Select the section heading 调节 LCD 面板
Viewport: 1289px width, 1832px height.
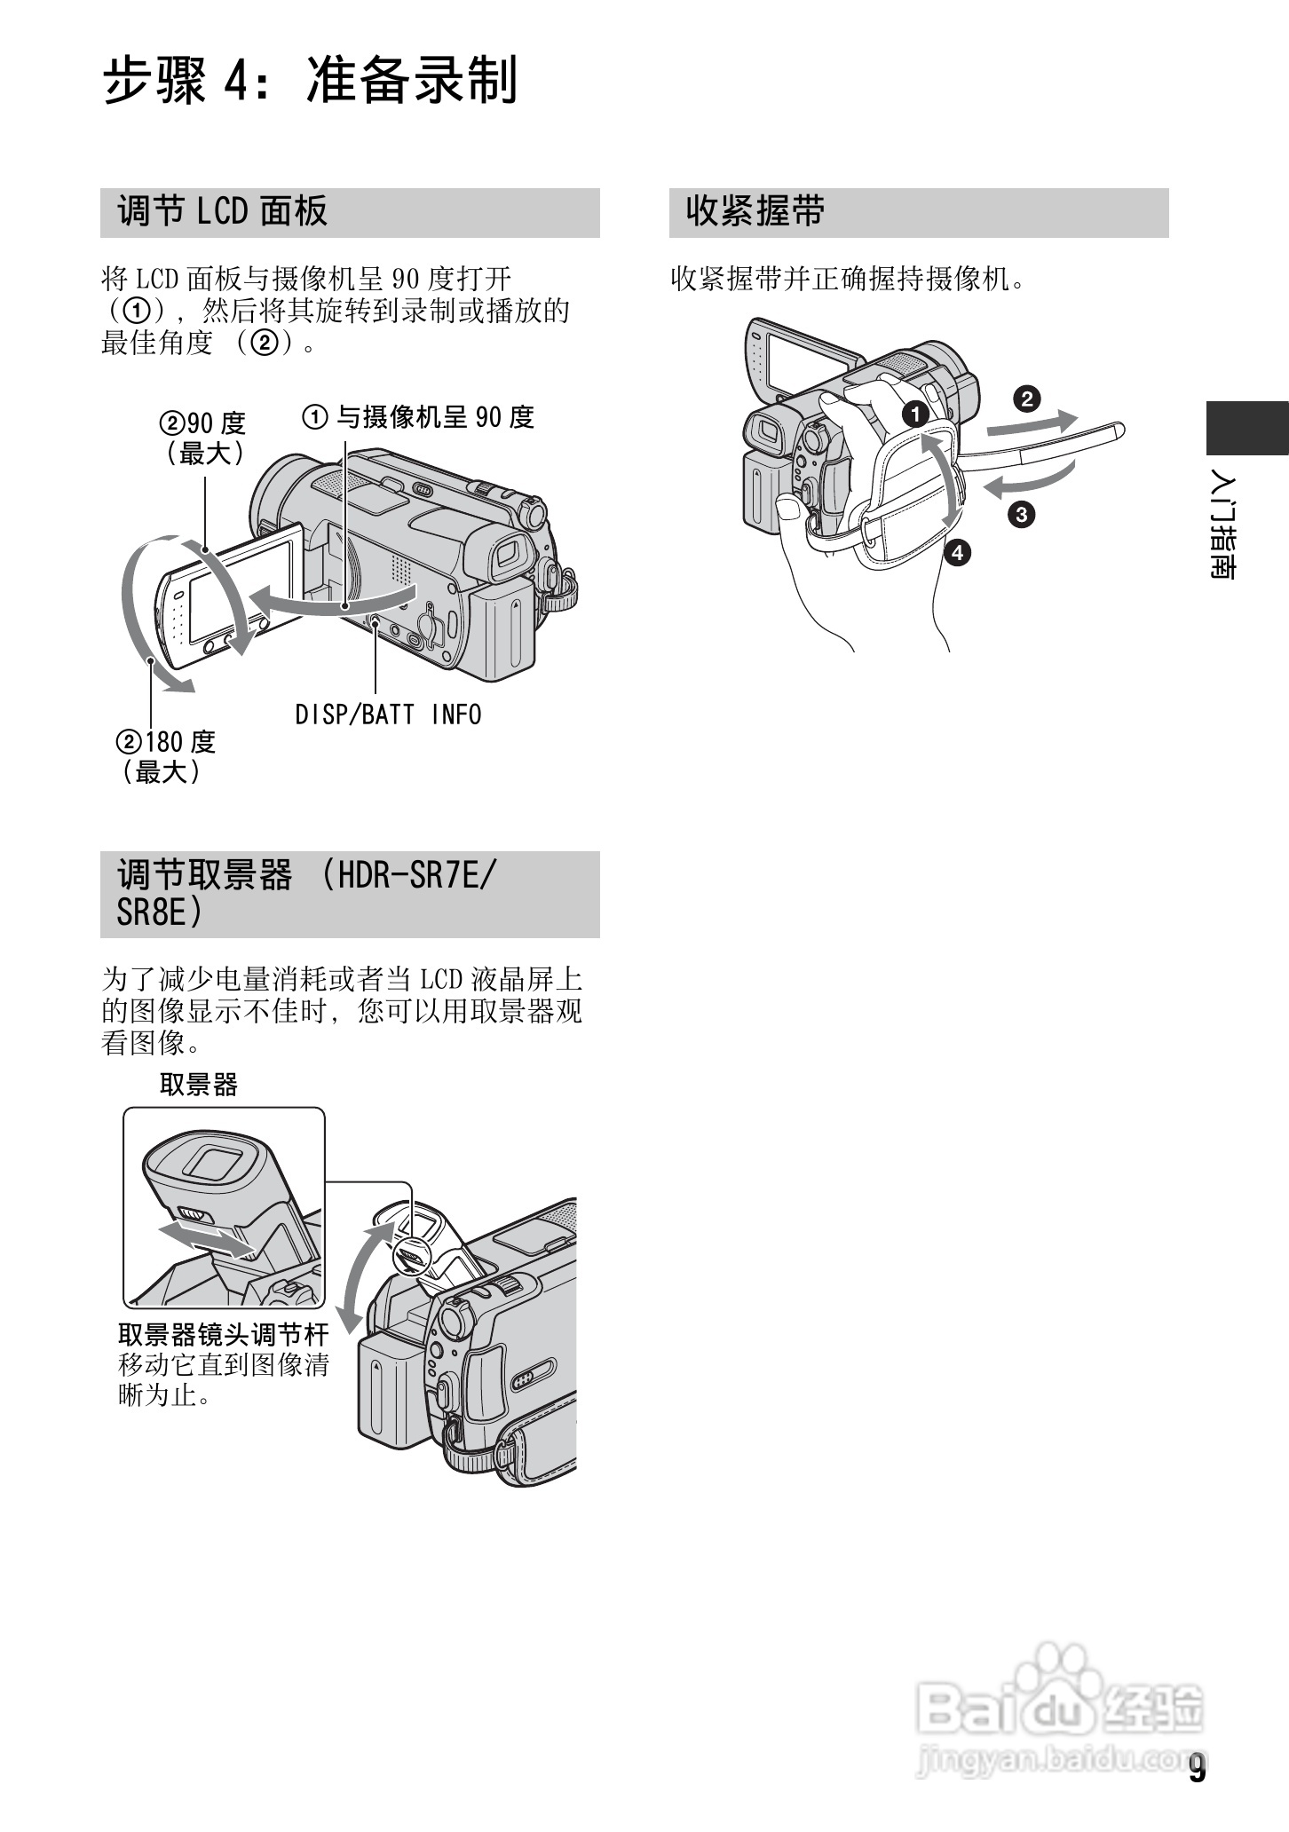pyautogui.click(x=222, y=212)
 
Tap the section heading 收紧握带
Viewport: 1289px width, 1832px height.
pyautogui.click(x=755, y=212)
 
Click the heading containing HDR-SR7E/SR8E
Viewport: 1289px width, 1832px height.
pyautogui.click(x=306, y=894)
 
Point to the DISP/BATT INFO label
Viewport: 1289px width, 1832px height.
pyautogui.click(x=388, y=715)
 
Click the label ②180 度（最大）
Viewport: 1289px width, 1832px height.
pyautogui.click(x=166, y=757)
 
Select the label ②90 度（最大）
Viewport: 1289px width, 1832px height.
pyautogui.click(x=202, y=438)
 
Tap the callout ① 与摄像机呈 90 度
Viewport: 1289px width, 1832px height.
pyautogui.click(x=419, y=416)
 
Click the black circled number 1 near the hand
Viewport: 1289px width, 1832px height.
pyautogui.click(x=914, y=414)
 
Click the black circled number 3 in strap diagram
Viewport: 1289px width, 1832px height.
pyautogui.click(x=1020, y=513)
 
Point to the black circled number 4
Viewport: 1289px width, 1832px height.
pyautogui.click(x=956, y=553)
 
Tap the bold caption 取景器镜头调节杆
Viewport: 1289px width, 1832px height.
pyautogui.click(x=223, y=1334)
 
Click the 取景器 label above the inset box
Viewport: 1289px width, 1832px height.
pyautogui.click(x=198, y=1085)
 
